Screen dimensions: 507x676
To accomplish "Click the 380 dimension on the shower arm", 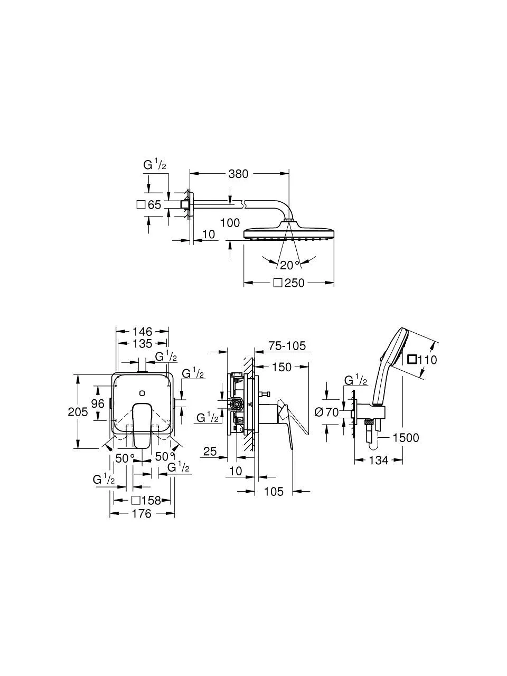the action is [x=238, y=174].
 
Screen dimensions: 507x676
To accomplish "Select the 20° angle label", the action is [x=289, y=265].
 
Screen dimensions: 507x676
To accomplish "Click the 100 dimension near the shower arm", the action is [x=230, y=223].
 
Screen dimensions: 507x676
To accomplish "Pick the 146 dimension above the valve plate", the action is [x=143, y=331].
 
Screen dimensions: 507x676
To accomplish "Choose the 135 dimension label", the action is [x=143, y=343].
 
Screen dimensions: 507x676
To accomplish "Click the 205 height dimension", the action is [x=78, y=412].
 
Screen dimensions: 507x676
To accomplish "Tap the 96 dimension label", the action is [x=98, y=403].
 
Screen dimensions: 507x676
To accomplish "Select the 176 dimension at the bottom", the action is [x=142, y=513].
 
